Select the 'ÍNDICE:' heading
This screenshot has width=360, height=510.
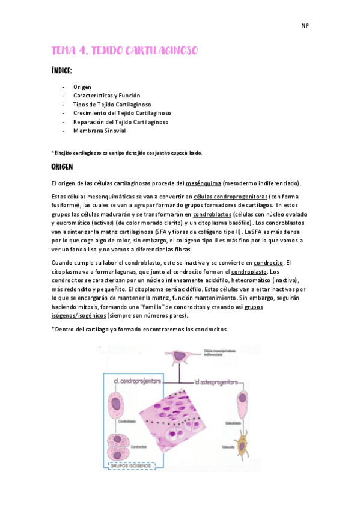[x=62, y=72]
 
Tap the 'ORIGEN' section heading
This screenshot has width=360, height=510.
[x=63, y=167]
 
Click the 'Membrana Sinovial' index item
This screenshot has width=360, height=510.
[x=99, y=131]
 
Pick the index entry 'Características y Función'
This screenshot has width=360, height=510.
[x=106, y=96]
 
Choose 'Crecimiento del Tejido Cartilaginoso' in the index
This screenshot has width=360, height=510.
[x=122, y=113]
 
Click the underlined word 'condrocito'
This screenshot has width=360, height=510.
[x=268, y=263]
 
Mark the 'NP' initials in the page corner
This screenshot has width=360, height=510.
[x=305, y=26]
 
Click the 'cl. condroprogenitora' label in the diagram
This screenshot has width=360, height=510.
[x=136, y=381]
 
